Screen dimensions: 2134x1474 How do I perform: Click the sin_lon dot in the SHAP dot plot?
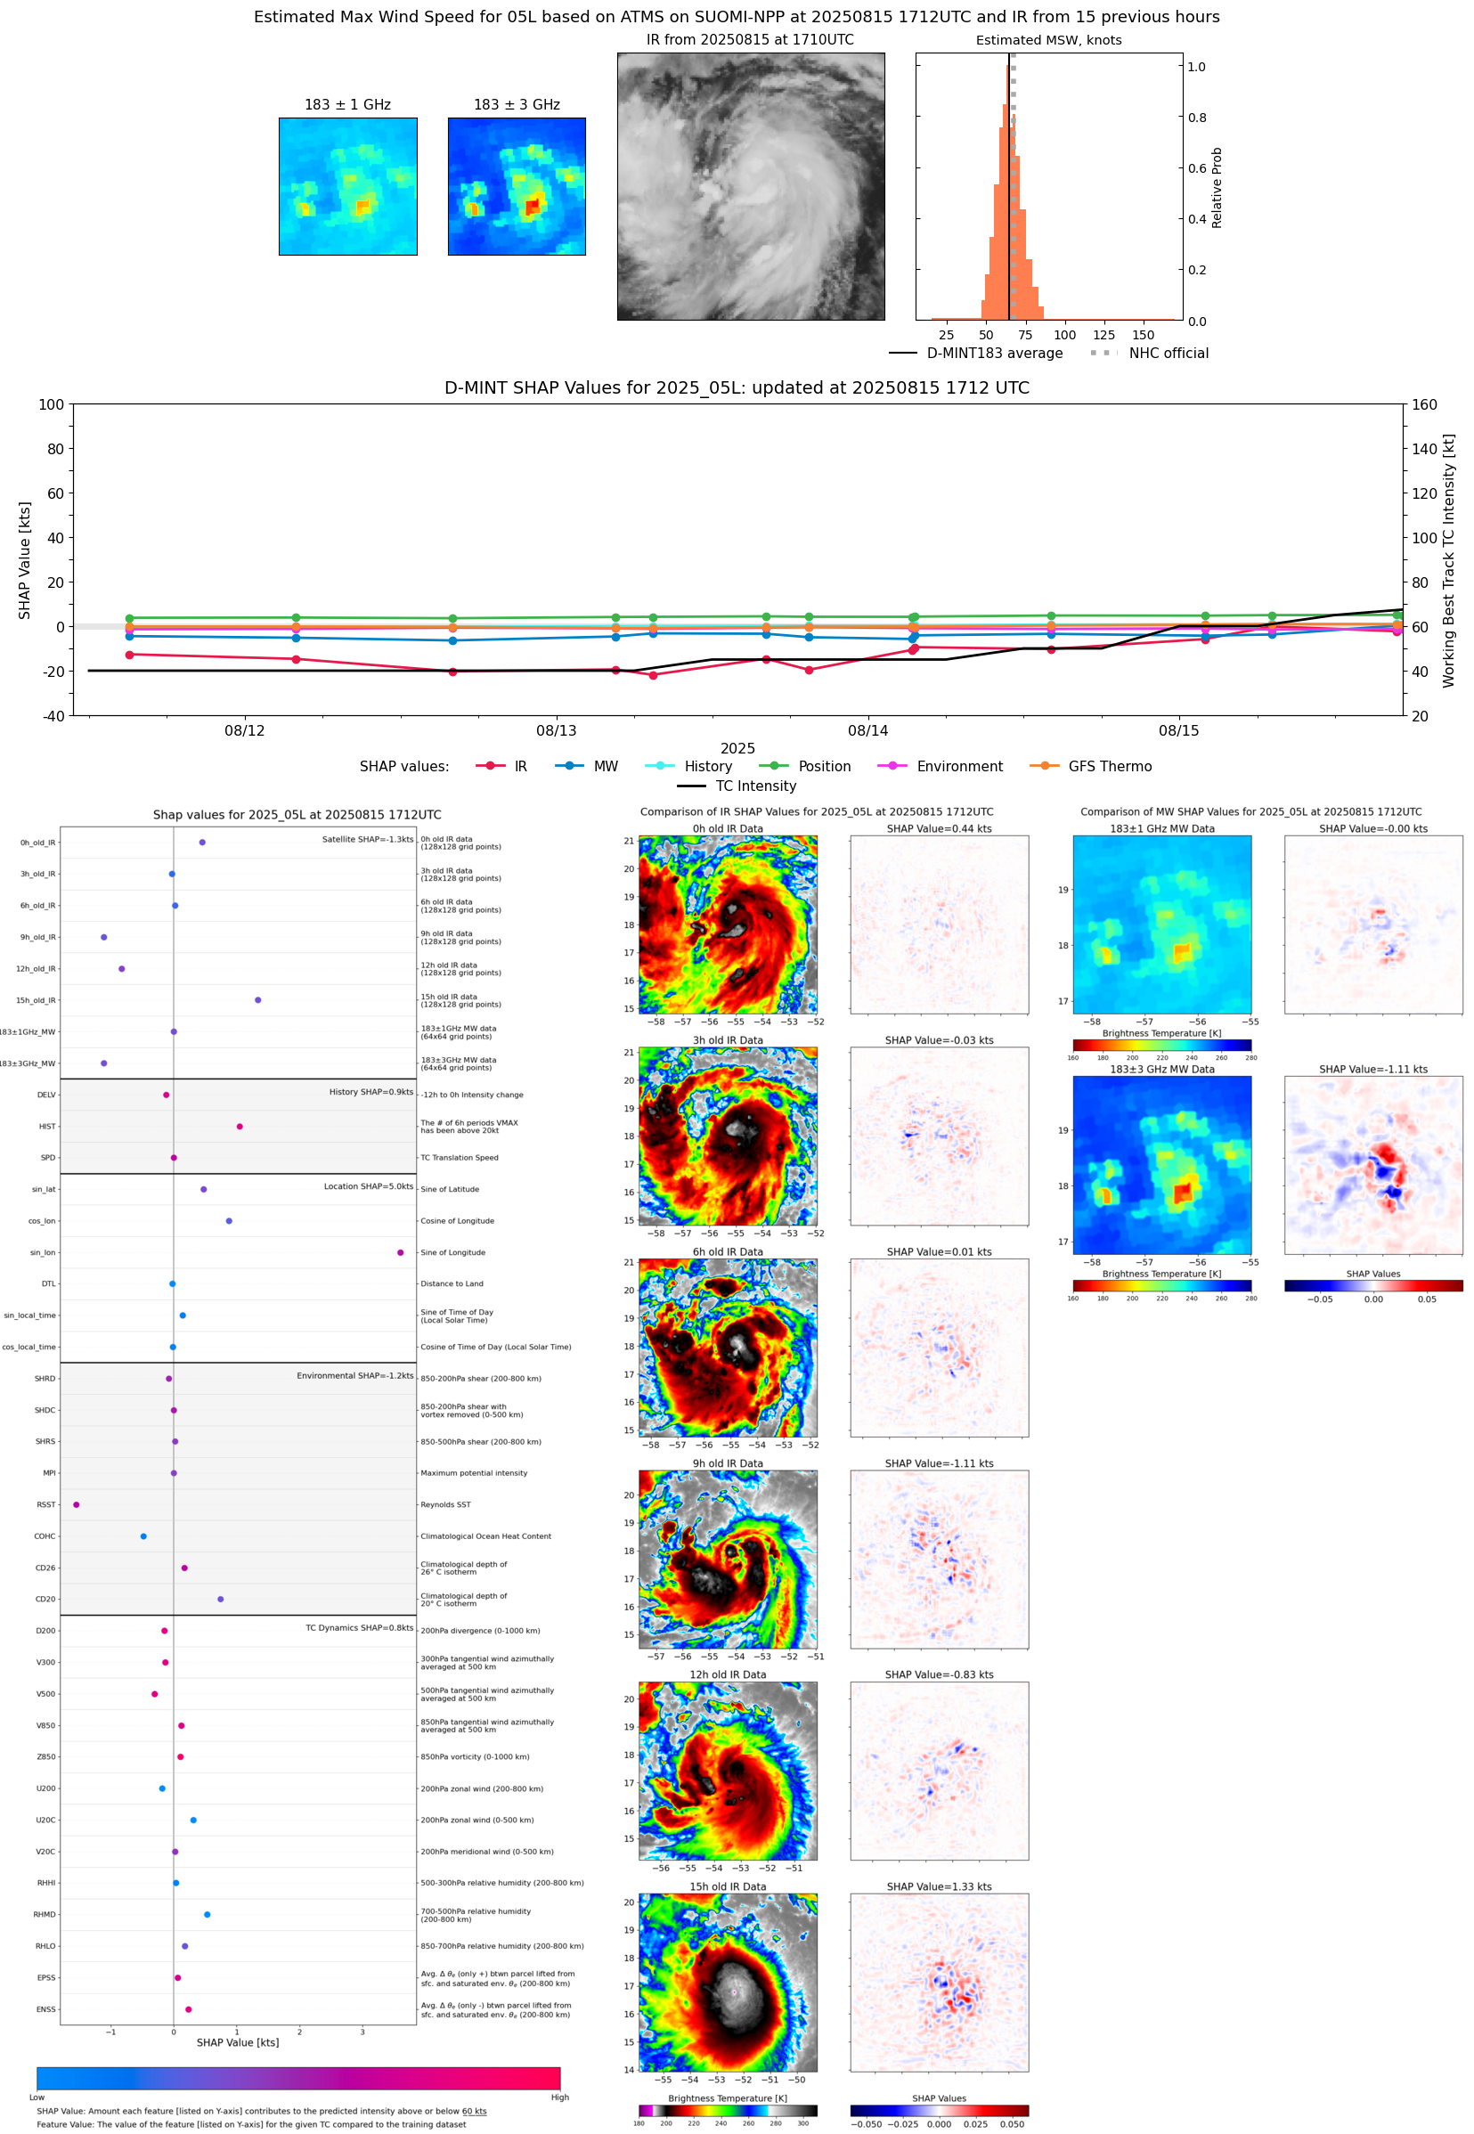click(400, 1252)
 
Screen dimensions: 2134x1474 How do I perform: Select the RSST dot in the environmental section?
click(77, 1504)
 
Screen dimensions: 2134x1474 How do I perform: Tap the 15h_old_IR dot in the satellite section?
click(257, 1000)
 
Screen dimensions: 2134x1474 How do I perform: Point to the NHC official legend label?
click(1169, 354)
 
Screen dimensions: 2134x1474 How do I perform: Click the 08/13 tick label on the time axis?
click(556, 730)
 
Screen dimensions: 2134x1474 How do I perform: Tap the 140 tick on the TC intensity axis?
click(1424, 449)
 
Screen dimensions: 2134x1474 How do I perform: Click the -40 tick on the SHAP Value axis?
click(53, 716)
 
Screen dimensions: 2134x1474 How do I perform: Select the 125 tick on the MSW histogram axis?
click(1103, 335)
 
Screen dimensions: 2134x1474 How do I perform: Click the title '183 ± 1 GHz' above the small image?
click(347, 105)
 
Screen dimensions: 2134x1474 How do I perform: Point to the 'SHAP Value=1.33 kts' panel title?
click(939, 1886)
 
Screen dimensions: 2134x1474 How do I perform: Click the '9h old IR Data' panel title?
click(728, 1463)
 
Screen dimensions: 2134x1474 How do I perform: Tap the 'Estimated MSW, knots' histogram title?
click(1048, 41)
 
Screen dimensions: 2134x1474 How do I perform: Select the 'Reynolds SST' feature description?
click(445, 1504)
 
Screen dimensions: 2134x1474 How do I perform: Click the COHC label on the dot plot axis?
click(45, 1536)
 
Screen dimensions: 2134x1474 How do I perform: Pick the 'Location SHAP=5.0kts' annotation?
click(369, 1186)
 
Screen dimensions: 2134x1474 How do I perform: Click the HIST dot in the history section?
click(240, 1127)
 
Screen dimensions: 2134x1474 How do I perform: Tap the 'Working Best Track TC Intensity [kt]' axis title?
click(1448, 560)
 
